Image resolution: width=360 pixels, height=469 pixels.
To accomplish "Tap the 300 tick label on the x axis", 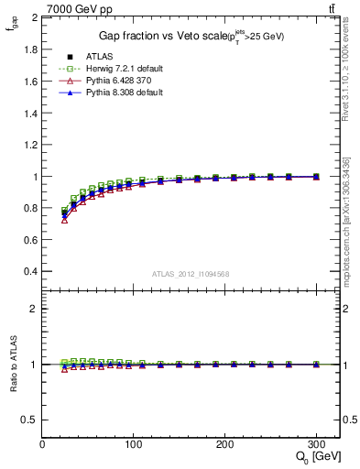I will (316, 443).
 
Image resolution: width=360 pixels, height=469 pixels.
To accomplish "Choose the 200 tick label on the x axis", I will (224, 443).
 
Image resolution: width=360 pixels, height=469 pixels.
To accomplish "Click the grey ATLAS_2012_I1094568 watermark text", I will (191, 274).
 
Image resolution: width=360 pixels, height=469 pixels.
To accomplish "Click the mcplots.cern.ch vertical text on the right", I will (352, 229).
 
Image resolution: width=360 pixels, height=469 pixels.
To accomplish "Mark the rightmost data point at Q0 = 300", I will (316, 177).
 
